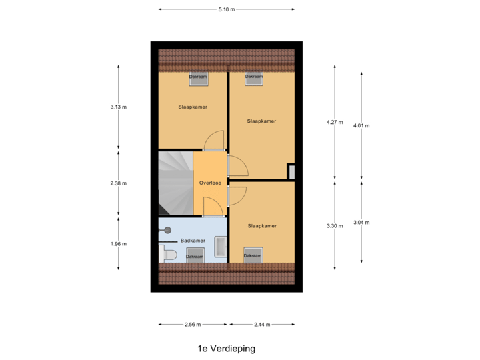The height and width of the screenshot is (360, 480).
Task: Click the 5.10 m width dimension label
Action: [x=227, y=9]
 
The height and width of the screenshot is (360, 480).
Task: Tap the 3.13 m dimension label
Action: [x=119, y=107]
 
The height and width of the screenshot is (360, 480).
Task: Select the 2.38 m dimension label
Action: [x=119, y=183]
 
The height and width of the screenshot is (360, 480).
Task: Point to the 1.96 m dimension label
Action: [x=119, y=244]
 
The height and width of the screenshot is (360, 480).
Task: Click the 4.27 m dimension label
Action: [x=335, y=122]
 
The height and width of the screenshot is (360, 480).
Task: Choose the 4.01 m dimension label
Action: [x=361, y=125]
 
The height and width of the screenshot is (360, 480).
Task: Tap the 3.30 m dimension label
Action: [x=335, y=226]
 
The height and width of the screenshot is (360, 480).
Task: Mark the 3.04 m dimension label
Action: [x=361, y=223]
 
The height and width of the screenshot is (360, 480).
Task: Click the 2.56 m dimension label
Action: [x=193, y=325]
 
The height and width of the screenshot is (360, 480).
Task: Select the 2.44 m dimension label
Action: [x=262, y=325]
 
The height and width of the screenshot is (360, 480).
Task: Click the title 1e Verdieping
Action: [x=226, y=349]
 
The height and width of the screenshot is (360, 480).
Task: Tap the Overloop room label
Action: [x=210, y=183]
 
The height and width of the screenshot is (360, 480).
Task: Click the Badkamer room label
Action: [x=193, y=241]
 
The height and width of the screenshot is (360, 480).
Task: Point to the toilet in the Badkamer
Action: [x=168, y=255]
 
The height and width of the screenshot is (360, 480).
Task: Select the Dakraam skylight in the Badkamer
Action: [x=195, y=255]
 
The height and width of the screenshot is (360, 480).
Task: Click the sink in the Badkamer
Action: [x=221, y=247]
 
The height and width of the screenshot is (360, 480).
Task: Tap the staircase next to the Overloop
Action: [x=176, y=183]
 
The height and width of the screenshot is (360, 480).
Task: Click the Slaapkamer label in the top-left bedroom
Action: [x=193, y=107]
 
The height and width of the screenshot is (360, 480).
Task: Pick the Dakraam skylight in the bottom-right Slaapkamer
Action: [x=253, y=255]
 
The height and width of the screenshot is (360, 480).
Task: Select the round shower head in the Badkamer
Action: [x=167, y=230]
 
